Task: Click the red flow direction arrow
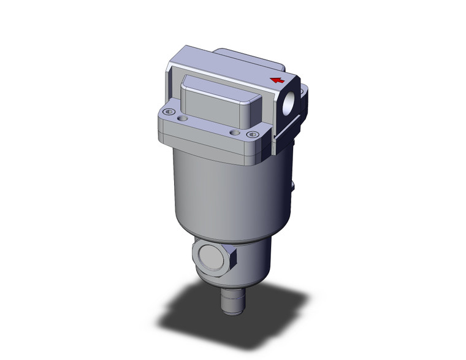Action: (278, 80)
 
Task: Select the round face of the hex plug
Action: (210, 256)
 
